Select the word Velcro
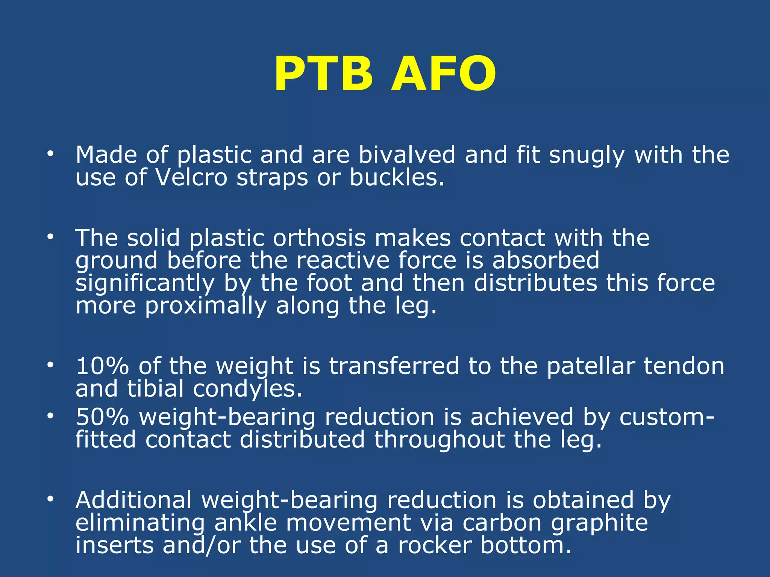(x=192, y=177)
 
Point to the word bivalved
(x=407, y=155)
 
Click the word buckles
(x=397, y=177)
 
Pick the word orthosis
(x=319, y=238)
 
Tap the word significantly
(x=145, y=284)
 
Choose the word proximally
(x=206, y=306)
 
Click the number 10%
(x=102, y=366)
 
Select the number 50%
(x=102, y=417)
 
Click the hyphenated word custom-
(x=667, y=417)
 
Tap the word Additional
(x=134, y=500)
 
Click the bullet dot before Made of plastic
(x=50, y=154)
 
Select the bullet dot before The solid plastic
(x=50, y=237)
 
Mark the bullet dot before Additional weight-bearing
(x=50, y=500)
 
